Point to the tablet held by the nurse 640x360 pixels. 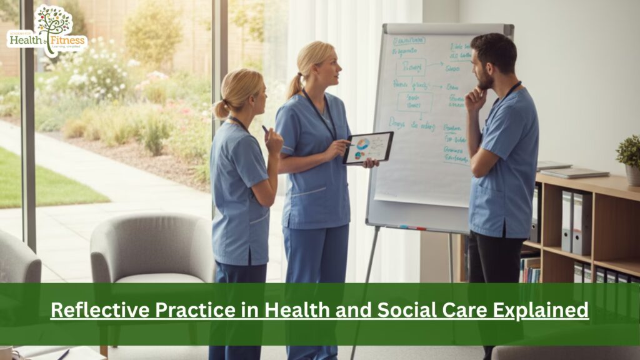(x=368, y=147)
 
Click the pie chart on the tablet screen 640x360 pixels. (x=363, y=144)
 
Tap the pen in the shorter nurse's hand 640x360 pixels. (x=266, y=129)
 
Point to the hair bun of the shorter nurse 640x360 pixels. (x=221, y=109)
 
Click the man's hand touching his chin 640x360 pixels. (x=474, y=97)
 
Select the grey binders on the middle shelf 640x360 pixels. (x=576, y=222)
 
